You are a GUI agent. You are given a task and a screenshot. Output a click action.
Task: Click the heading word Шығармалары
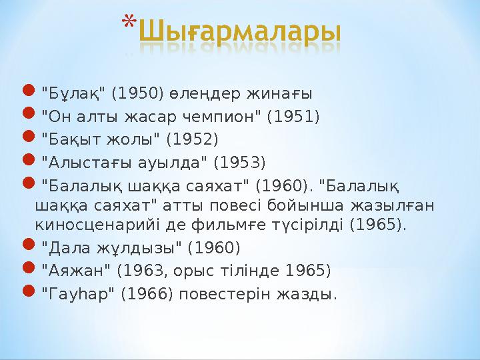243,33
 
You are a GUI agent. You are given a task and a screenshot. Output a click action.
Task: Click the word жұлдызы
139,248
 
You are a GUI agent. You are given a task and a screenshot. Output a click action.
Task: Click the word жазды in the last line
311,293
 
